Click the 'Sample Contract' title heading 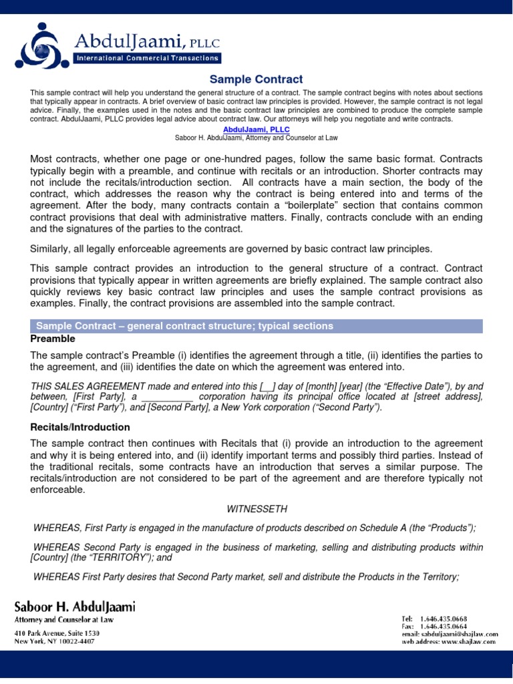(x=256, y=79)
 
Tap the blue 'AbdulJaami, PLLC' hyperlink (x=256, y=129)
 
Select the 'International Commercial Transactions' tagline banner (x=148, y=59)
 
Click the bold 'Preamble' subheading (x=53, y=339)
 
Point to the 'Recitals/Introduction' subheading (x=80, y=427)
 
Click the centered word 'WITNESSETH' (x=257, y=509)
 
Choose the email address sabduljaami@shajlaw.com (x=460, y=634)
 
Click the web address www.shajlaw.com (x=468, y=641)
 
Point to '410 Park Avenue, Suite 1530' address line (x=57, y=633)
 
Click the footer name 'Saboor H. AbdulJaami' (x=75, y=607)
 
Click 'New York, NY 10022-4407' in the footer (x=54, y=641)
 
